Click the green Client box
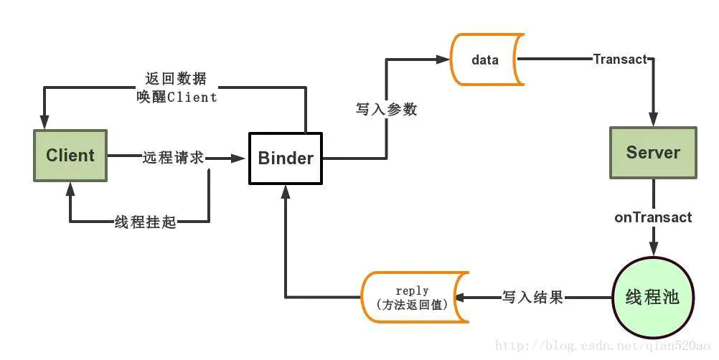click(70, 155)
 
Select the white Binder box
click(285, 158)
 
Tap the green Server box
click(652, 152)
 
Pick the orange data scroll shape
click(486, 60)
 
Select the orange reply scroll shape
click(413, 297)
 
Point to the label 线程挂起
click(146, 222)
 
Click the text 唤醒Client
click(176, 97)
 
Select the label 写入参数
click(386, 110)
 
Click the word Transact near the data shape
click(620, 60)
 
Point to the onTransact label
click(653, 217)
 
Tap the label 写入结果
click(532, 297)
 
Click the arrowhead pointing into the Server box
click(653, 120)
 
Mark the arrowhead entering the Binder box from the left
click(241, 158)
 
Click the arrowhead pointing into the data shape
click(443, 60)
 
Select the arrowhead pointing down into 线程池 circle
click(653, 248)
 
